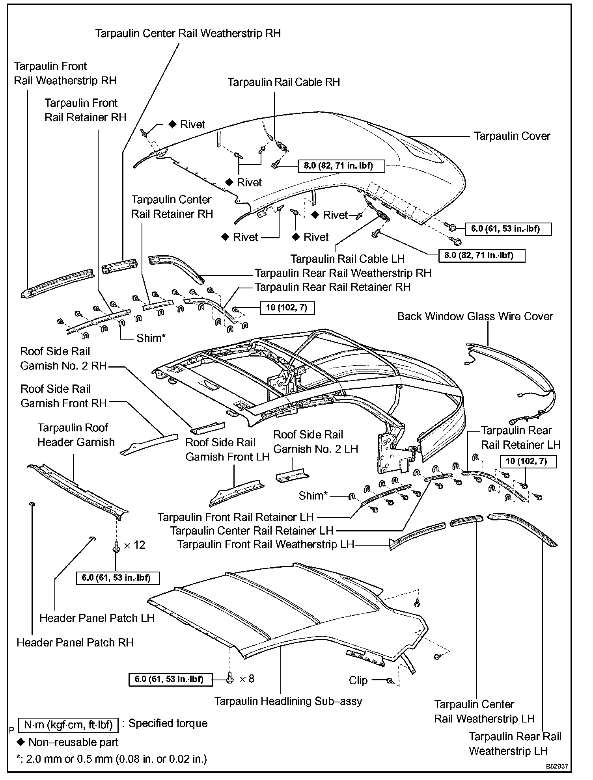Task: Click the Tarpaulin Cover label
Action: pyautogui.click(x=512, y=136)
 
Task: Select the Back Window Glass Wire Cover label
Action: pyautogui.click(x=475, y=317)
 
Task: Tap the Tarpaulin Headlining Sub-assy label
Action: pyautogui.click(x=288, y=701)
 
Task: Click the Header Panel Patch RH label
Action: pyautogui.click(x=75, y=643)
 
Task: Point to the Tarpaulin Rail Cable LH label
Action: pyautogui.click(x=347, y=259)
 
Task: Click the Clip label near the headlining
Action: pyautogui.click(x=358, y=680)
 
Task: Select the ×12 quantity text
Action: pyautogui.click(x=134, y=545)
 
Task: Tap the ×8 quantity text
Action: pyautogui.click(x=246, y=679)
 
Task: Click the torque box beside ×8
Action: pyautogui.click(x=171, y=679)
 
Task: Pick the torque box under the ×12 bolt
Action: pyautogui.click(x=118, y=578)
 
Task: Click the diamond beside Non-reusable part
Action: pyautogui.click(x=21, y=742)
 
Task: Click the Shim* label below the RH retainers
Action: pyautogui.click(x=151, y=338)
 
